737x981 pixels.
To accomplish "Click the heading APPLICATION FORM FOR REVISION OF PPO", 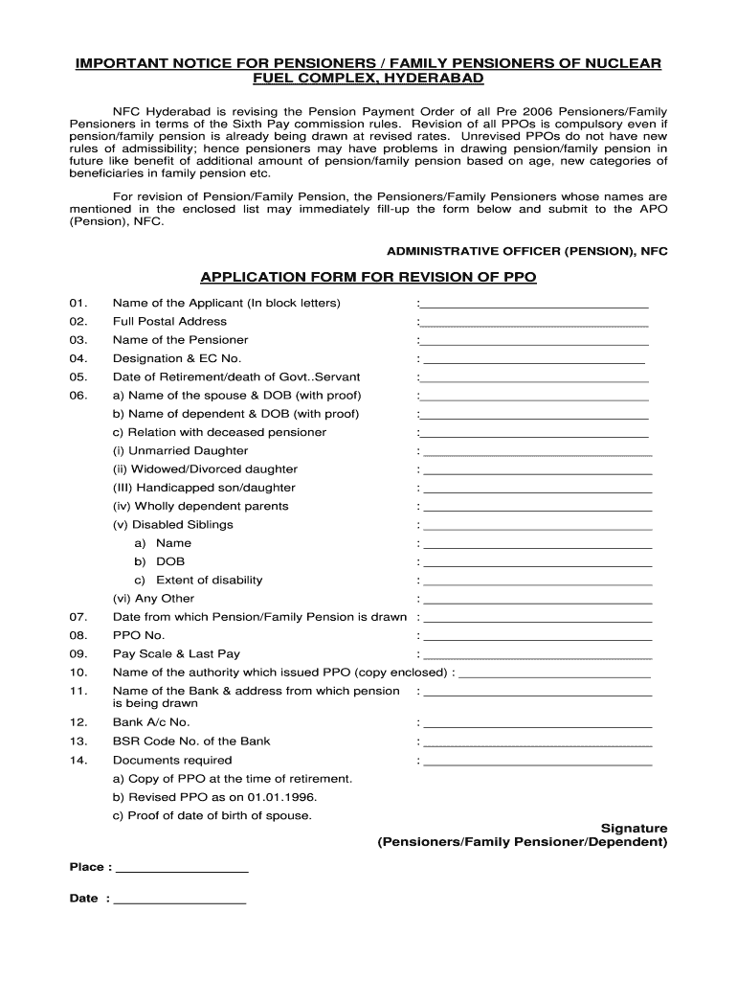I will [x=368, y=278].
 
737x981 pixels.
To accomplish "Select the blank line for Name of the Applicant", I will [x=534, y=306].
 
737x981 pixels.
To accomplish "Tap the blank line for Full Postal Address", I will [x=534, y=324].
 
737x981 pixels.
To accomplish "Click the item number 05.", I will [x=78, y=377].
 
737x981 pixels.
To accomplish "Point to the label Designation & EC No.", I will [x=177, y=358].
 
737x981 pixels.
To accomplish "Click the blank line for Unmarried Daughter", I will [x=537, y=453].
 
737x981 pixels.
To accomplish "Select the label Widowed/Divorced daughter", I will [x=205, y=469].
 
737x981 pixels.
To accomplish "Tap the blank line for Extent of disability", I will [x=537, y=582].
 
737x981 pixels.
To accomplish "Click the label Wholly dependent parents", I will [x=200, y=506].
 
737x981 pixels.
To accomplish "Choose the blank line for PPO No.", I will [x=537, y=638].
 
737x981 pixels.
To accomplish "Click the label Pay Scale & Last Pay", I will [x=176, y=654].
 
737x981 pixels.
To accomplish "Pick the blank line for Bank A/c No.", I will [x=537, y=725].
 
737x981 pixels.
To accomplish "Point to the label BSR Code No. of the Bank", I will [x=191, y=741].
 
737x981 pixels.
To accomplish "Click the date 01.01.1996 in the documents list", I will [x=282, y=797].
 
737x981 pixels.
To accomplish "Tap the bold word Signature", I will [x=634, y=828].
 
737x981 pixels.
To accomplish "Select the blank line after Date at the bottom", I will [x=180, y=902].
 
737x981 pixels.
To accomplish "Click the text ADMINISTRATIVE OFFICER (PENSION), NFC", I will [x=526, y=251].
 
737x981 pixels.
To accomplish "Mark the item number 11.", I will [x=78, y=692].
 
